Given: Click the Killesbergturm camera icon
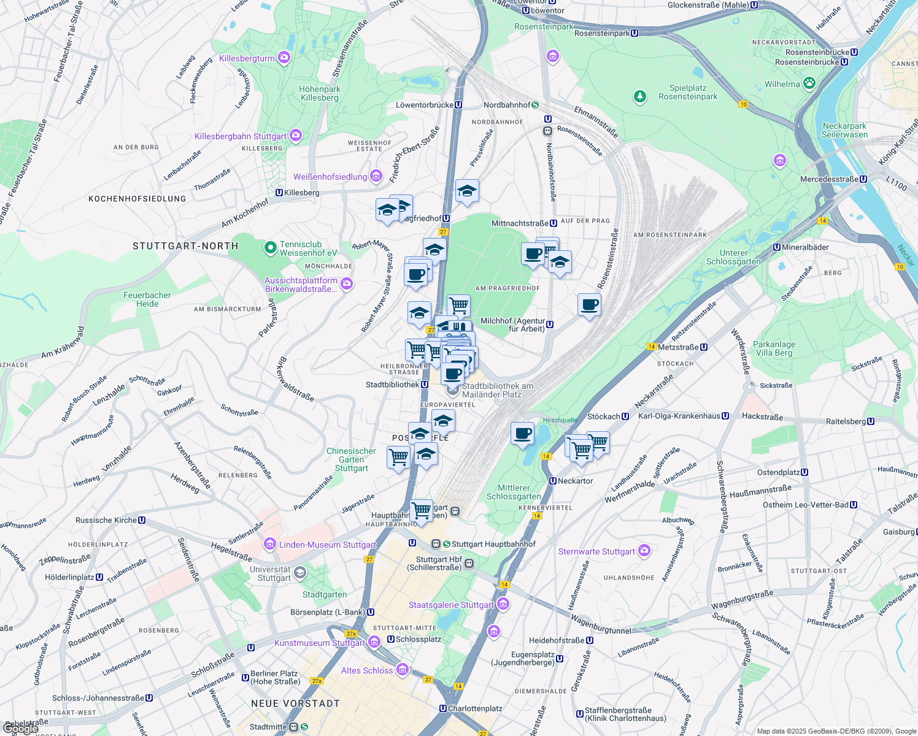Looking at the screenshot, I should [283, 58].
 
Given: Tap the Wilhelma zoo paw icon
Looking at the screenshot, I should [809, 83].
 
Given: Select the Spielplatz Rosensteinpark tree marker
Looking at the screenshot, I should [640, 97].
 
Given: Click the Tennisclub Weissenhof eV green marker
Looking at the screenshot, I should [270, 248].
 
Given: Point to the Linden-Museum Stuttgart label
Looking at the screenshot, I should [328, 545].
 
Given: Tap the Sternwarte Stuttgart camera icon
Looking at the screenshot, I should [644, 550].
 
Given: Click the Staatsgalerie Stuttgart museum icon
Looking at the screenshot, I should [503, 604].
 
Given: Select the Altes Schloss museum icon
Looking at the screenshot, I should [402, 669].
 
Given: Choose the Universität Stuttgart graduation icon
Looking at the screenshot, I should [299, 573].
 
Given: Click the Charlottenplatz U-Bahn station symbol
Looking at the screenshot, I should [443, 708].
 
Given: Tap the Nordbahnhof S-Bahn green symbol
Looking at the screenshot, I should [535, 105].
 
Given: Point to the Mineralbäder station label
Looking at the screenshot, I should [805, 247].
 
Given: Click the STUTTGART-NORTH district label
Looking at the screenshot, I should [185, 246].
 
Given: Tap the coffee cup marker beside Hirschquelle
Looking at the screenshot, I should [522, 434].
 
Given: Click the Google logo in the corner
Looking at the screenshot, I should [21, 729].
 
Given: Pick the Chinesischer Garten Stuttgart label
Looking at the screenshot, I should [351, 459].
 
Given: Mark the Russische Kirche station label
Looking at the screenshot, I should [106, 520].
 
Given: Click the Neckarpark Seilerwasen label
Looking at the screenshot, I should [845, 130].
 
